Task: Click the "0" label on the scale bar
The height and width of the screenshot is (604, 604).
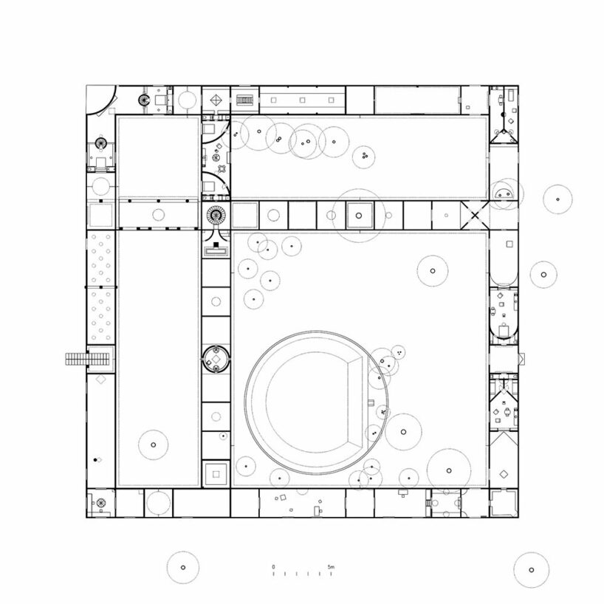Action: tap(273, 567)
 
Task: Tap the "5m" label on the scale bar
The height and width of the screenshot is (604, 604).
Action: tap(332, 567)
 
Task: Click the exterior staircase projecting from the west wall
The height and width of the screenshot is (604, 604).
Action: tap(88, 360)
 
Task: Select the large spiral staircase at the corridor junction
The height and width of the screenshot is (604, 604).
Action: tap(216, 216)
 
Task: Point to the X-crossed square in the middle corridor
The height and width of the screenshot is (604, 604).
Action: tap(475, 216)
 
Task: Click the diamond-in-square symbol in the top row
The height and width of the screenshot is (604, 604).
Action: tap(216, 100)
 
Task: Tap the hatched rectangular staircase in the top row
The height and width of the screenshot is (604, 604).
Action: tap(244, 100)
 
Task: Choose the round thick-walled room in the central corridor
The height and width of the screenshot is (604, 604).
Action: tap(216, 359)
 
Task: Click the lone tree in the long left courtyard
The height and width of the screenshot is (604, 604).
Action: tap(154, 445)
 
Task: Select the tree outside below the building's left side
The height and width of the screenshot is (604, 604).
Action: tap(183, 567)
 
